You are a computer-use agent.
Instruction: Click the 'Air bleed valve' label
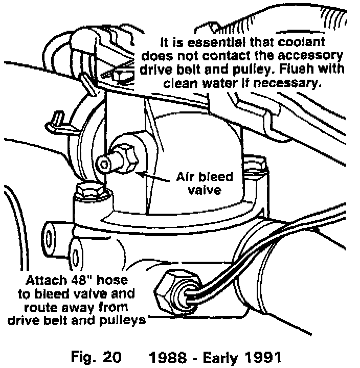point(205,184)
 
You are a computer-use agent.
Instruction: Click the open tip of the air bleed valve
point(104,165)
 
